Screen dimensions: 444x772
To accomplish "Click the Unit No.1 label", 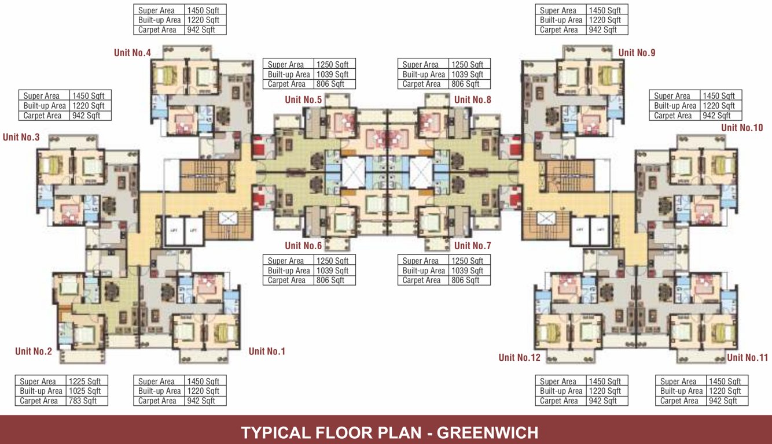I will [267, 351].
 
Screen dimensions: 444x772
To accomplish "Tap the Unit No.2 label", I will [34, 351].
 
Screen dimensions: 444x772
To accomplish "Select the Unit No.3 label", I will [21, 138].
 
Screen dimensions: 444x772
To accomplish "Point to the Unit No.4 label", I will [133, 53].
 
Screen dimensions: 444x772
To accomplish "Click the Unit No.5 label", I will [303, 100].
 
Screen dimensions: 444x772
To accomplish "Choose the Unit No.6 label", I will [303, 246].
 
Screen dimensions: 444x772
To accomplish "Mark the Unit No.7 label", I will [473, 246].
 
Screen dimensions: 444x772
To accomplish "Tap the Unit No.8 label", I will [473, 100].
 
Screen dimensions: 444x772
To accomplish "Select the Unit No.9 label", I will [637, 53].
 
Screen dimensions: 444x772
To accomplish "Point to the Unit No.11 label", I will [748, 358].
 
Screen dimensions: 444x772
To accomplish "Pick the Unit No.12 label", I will [520, 358].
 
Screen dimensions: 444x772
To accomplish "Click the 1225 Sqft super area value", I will [84, 382].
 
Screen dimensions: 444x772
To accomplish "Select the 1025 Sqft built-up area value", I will [84, 391].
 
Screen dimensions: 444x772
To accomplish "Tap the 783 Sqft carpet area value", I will [83, 401].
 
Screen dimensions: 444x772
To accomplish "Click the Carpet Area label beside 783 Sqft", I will [39, 401].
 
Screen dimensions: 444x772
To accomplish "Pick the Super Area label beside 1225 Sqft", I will [38, 382].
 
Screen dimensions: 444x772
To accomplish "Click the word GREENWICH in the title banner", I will [487, 432].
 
